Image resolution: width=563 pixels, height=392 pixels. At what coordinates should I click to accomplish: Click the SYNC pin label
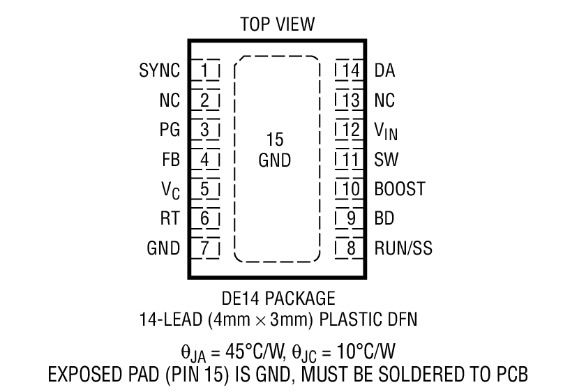click(160, 70)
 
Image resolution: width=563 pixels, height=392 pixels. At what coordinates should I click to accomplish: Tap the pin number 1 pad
click(205, 70)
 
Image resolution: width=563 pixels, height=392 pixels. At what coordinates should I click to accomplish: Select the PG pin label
click(170, 130)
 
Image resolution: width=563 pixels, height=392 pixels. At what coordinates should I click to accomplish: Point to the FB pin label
click(170, 160)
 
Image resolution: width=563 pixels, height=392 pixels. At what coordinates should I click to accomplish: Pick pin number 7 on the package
click(205, 248)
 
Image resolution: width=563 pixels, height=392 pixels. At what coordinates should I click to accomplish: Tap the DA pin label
click(385, 70)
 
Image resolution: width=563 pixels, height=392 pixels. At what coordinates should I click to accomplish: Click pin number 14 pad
click(350, 70)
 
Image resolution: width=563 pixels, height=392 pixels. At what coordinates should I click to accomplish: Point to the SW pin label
click(386, 160)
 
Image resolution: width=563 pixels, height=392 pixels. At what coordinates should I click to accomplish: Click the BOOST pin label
click(399, 189)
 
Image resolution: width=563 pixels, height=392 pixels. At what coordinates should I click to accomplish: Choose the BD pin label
click(384, 218)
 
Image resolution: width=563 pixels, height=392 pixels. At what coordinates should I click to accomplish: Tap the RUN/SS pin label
click(403, 248)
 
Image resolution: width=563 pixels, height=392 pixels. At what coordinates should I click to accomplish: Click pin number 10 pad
click(350, 189)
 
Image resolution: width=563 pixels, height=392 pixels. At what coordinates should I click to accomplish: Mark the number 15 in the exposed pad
click(275, 140)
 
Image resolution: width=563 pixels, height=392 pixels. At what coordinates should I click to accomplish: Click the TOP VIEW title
click(277, 25)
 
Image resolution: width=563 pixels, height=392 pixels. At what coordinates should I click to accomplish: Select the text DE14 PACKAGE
click(277, 300)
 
